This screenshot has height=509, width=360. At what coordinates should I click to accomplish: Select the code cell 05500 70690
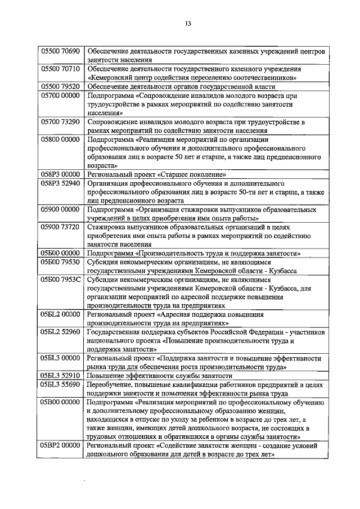pos(61,51)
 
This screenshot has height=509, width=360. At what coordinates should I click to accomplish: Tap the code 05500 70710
pos(61,69)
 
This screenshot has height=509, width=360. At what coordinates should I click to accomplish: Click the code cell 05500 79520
pos(61,87)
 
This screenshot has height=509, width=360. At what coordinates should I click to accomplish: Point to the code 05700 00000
pos(61,96)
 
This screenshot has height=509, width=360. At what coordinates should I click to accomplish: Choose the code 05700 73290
pos(61,121)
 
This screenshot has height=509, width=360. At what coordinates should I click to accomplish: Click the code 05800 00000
pos(61,139)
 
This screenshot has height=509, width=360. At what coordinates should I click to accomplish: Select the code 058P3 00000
pos(61,175)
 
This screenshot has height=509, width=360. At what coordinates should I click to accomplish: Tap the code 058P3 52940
pos(61,184)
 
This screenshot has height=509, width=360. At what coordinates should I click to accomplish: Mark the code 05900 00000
pos(61,210)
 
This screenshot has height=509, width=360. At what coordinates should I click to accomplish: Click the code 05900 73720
pos(61,227)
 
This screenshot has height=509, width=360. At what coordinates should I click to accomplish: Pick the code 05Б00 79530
pos(61,262)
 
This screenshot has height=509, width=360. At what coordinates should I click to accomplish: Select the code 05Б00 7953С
pos(61,280)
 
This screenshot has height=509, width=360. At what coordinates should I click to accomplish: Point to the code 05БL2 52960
pos(61,332)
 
